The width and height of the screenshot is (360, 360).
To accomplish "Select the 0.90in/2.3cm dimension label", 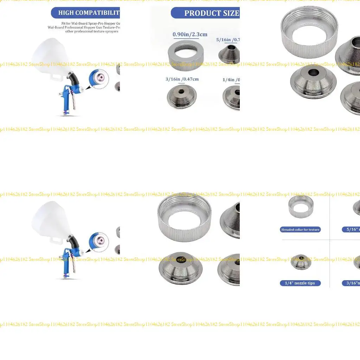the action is pyautogui.click(x=190, y=34).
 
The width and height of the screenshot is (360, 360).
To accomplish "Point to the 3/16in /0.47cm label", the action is pyautogui.click(x=182, y=79).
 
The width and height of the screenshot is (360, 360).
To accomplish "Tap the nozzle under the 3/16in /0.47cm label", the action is pyautogui.click(x=181, y=96).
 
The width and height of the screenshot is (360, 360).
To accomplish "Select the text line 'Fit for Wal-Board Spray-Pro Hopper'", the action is pyautogui.click(x=91, y=23).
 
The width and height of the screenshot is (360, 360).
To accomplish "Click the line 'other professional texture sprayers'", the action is pyautogui.click(x=92, y=31).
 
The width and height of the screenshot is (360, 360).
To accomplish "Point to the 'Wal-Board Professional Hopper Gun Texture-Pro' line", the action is pyautogui.click(x=84, y=27).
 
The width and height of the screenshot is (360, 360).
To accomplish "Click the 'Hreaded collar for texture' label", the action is pyautogui.click(x=301, y=230).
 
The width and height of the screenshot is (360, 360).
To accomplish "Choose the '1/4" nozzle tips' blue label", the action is pyautogui.click(x=301, y=283).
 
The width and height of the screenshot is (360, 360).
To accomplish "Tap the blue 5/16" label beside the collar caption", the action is pyautogui.click(x=351, y=230).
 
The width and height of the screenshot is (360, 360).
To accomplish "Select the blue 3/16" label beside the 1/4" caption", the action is pyautogui.click(x=351, y=283).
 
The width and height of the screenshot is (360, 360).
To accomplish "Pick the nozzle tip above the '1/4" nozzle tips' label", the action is pyautogui.click(x=301, y=262).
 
